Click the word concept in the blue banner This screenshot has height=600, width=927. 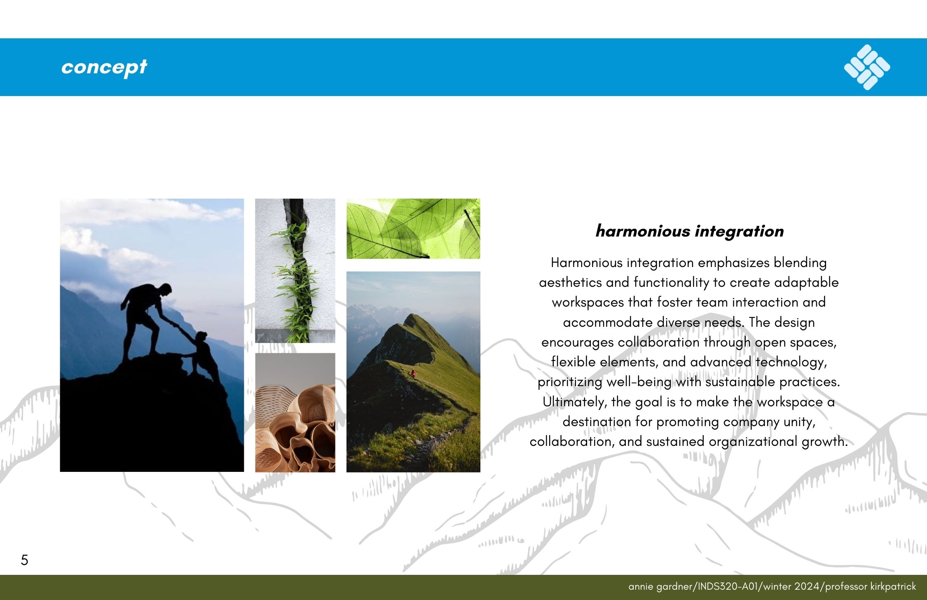pos(104,67)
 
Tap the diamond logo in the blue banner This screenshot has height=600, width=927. pos(867,67)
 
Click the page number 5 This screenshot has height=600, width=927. pos(24,560)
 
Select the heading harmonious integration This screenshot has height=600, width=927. pos(689,231)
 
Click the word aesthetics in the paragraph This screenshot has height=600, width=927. pos(570,282)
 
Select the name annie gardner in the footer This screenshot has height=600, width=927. pos(661,586)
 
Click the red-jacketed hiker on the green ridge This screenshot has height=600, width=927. pos(413,373)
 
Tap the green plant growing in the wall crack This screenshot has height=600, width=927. pos(295,280)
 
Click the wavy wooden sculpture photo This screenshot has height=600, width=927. pos(295,412)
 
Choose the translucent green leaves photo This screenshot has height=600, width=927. pos(413,229)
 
